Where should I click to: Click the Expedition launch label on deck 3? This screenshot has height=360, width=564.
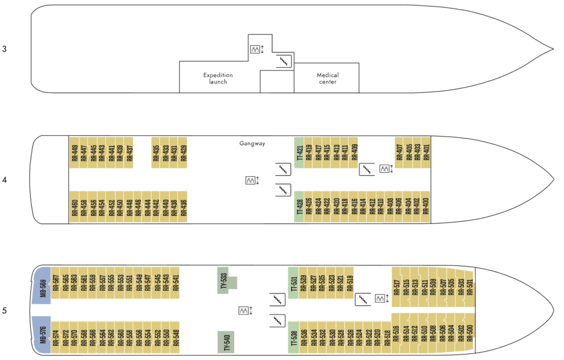pyautogui.click(x=218, y=78)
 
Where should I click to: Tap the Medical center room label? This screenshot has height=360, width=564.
pyautogui.click(x=328, y=78)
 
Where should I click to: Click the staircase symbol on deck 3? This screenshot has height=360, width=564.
pyautogui.click(x=284, y=62)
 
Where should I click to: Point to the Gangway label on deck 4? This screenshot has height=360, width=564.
pyautogui.click(x=252, y=144)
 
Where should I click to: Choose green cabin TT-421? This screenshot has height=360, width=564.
pyautogui.click(x=299, y=152)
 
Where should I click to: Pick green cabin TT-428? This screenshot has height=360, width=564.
pyautogui.click(x=299, y=207)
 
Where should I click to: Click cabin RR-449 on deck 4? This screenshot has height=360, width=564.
pyautogui.click(x=74, y=152)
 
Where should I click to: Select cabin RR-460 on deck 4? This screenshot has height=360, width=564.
pyautogui.click(x=74, y=207)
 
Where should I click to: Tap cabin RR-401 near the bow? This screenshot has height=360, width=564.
pyautogui.click(x=426, y=152)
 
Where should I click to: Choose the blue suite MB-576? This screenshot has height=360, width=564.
pyautogui.click(x=42, y=335)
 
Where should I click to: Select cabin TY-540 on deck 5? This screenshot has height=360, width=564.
pyautogui.click(x=226, y=342)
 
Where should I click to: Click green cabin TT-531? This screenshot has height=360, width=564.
pyautogui.click(x=294, y=283)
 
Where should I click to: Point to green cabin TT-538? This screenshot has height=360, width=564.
pyautogui.click(x=294, y=337)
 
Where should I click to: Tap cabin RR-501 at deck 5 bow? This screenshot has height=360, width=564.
pyautogui.click(x=470, y=287)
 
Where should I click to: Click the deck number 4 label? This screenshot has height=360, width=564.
pyautogui.click(x=4, y=180)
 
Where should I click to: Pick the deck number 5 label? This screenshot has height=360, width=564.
pyautogui.click(x=4, y=310)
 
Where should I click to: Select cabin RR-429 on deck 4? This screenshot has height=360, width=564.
pyautogui.click(x=183, y=152)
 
